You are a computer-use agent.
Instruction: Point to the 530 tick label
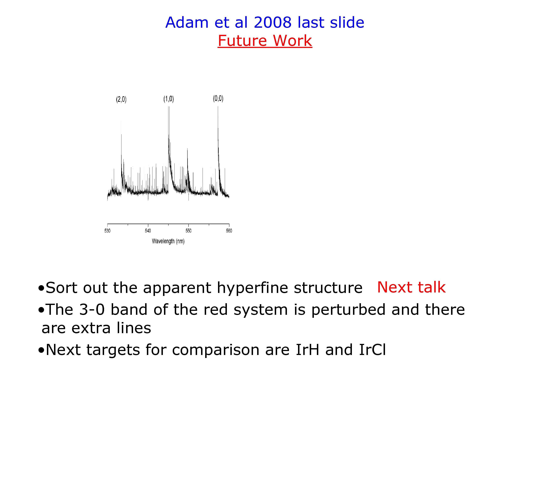107,231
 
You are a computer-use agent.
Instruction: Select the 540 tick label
148,231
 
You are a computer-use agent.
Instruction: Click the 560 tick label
229,231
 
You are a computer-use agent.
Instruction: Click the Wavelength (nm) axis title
168,241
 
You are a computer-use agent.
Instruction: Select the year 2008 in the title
273,22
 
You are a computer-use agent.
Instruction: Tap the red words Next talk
411,287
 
